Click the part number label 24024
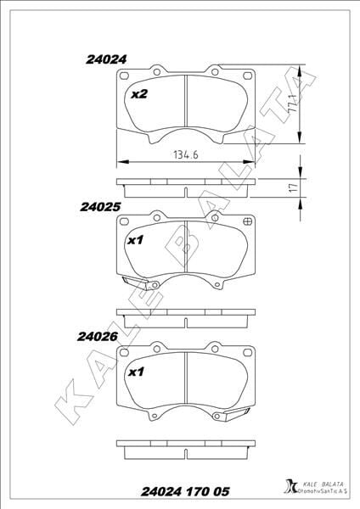[x=106, y=59]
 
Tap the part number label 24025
[x=100, y=207]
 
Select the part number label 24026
[x=97, y=337]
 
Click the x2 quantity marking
[x=139, y=94]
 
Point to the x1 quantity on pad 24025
[x=135, y=241]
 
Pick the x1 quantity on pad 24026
[x=136, y=372]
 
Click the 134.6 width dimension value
[x=186, y=155]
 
